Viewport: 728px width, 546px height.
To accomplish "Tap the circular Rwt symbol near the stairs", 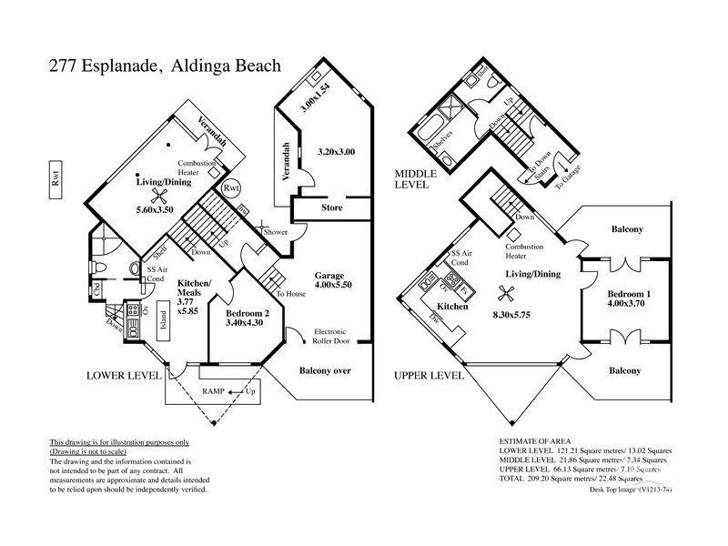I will [232, 187].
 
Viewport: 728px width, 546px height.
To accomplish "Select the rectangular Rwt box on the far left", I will [56, 181].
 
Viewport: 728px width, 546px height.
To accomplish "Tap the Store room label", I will [331, 207].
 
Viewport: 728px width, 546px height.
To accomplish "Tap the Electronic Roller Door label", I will [335, 337].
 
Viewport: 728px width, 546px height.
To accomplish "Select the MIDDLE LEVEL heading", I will [415, 178].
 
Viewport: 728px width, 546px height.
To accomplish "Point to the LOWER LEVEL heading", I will [124, 374].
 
